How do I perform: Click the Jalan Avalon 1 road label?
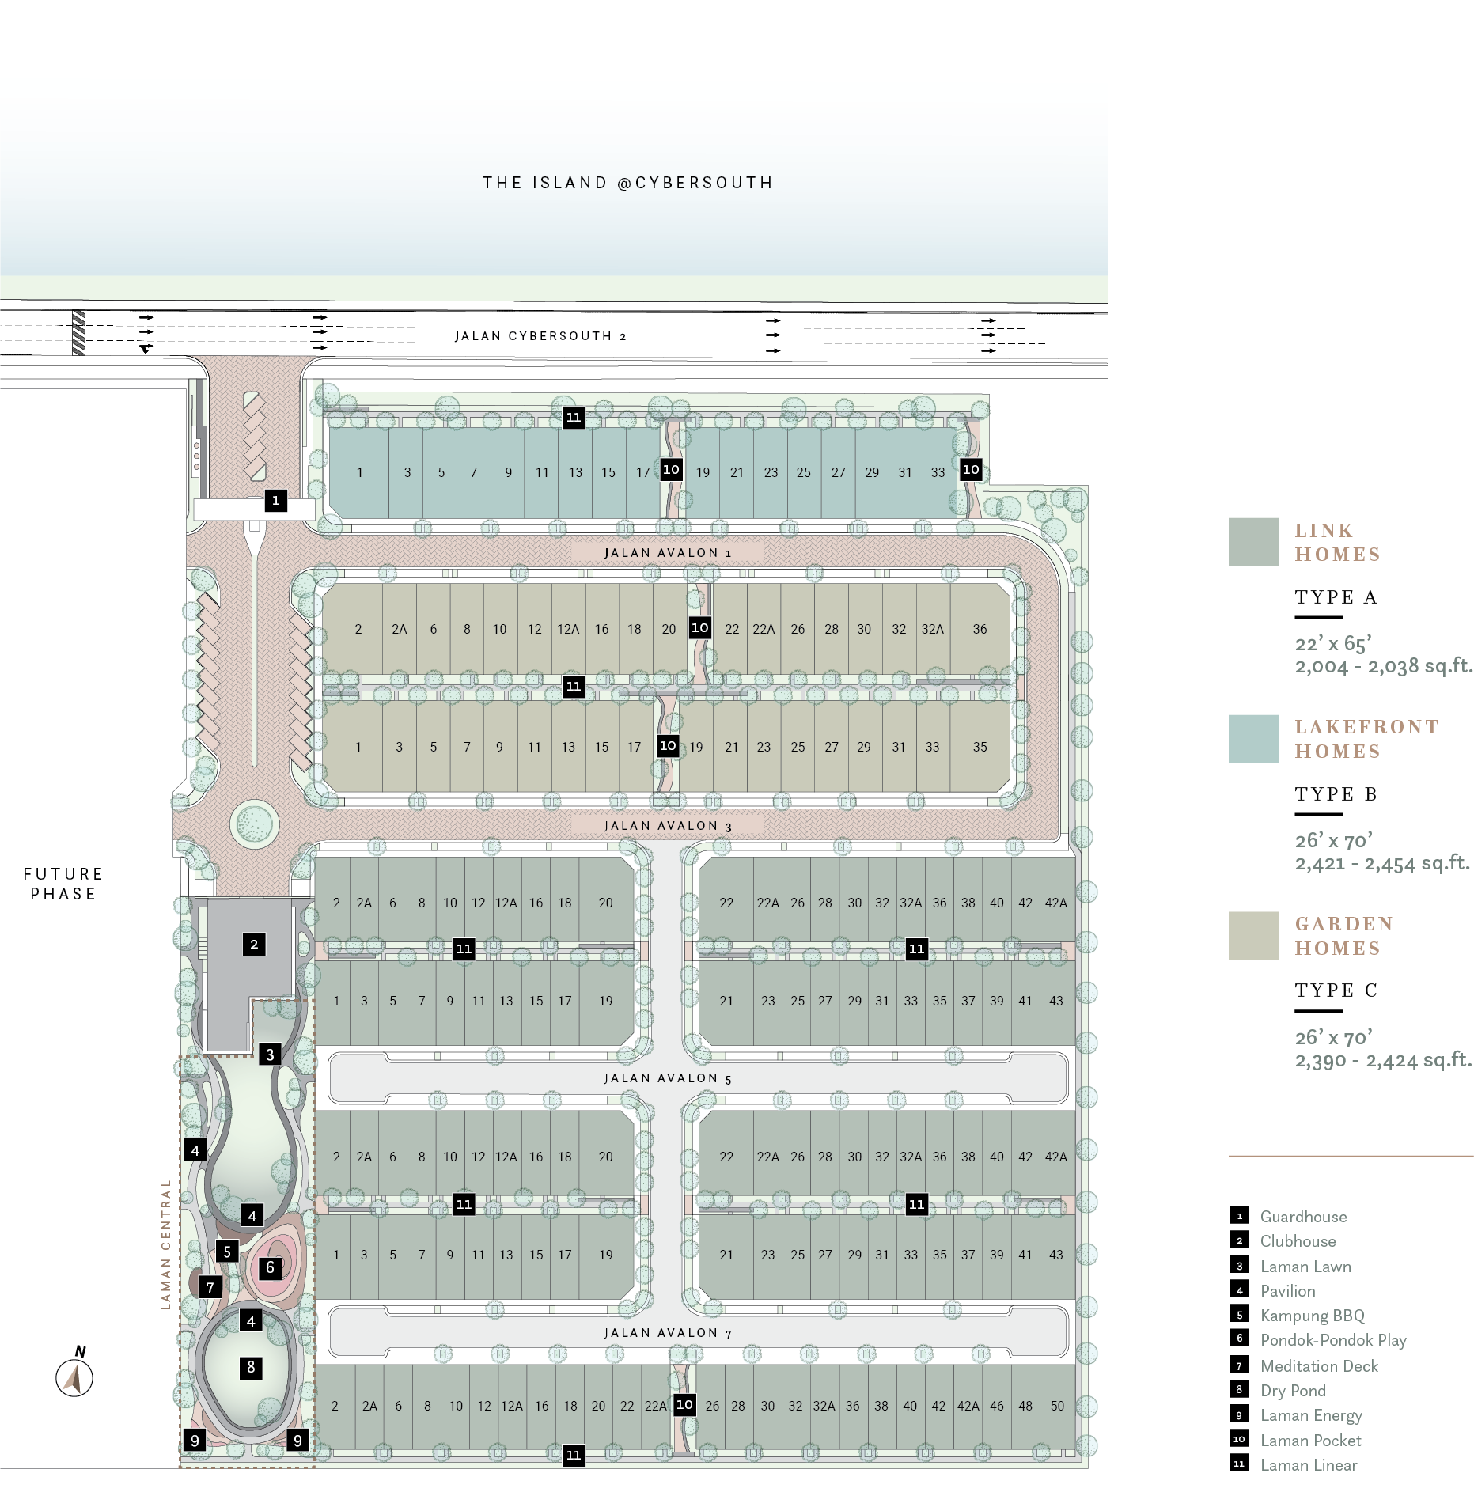pyautogui.click(x=668, y=553)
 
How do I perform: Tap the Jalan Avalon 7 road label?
pyautogui.click(x=668, y=1333)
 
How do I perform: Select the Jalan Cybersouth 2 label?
pyautogui.click(x=540, y=336)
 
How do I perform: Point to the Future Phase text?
pyautogui.click(x=63, y=884)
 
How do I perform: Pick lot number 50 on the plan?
pyautogui.click(x=1057, y=1406)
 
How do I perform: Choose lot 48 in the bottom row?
pyautogui.click(x=1025, y=1406)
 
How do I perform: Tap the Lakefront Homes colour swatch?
pyautogui.click(x=1253, y=739)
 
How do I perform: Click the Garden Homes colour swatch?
pyautogui.click(x=1253, y=935)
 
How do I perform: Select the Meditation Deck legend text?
pyautogui.click(x=1319, y=1365)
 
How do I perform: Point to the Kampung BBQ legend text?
pyautogui.click(x=1313, y=1316)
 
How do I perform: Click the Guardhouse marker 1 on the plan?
pyautogui.click(x=275, y=500)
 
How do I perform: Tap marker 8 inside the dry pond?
pyautogui.click(x=251, y=1367)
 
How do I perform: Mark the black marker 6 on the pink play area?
pyautogui.click(x=270, y=1268)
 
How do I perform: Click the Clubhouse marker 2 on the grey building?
pyautogui.click(x=254, y=944)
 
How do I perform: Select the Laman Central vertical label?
pyautogui.click(x=166, y=1244)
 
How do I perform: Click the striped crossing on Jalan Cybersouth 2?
pyautogui.click(x=78, y=333)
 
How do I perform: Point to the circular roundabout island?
pyautogui.click(x=255, y=824)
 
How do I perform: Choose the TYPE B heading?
pyautogui.click(x=1336, y=793)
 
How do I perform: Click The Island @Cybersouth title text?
pyautogui.click(x=628, y=183)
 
